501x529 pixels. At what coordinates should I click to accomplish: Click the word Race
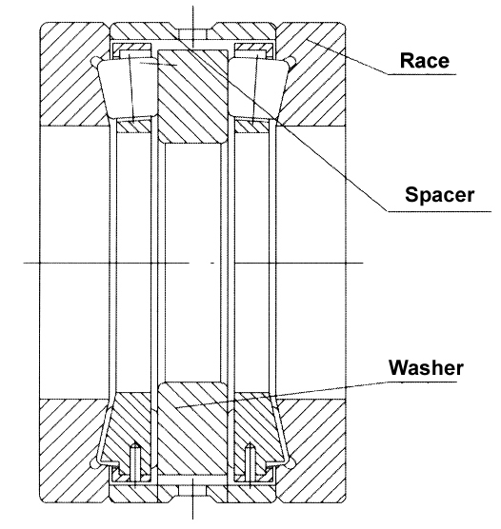[x=425, y=61]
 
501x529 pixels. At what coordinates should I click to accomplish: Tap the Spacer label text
[x=439, y=195]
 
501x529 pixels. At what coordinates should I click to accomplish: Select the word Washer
[x=426, y=367]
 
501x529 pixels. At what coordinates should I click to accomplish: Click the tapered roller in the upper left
[x=128, y=88]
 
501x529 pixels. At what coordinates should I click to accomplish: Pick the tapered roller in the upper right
[x=258, y=88]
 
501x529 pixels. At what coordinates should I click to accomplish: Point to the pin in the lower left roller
[x=135, y=462]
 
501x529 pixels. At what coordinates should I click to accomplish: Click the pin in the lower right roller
[x=250, y=462]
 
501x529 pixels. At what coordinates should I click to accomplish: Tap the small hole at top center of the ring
[x=193, y=34]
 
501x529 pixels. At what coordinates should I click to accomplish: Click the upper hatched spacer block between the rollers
[x=193, y=96]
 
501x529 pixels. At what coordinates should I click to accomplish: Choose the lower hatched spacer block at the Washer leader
[x=193, y=431]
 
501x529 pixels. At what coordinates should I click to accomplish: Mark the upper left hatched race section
[x=73, y=74]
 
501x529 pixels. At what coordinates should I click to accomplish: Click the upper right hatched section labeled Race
[x=311, y=74]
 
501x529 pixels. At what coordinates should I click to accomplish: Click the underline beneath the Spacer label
[x=439, y=212]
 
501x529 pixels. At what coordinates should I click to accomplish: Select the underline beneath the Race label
[x=422, y=74]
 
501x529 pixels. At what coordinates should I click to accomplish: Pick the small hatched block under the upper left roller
[x=133, y=127]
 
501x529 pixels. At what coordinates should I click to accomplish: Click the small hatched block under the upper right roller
[x=251, y=127]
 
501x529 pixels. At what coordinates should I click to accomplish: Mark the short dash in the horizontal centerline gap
[x=212, y=263]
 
